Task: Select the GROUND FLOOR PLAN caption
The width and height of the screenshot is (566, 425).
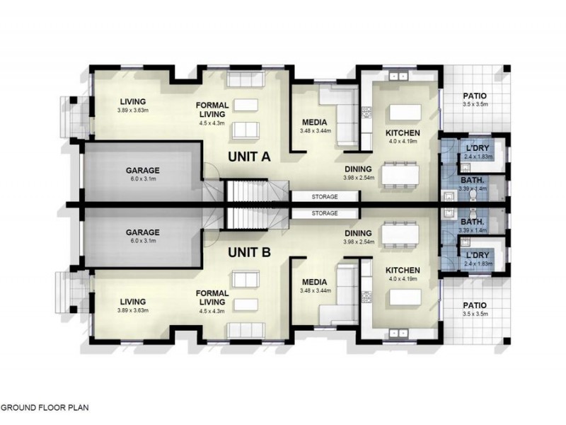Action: [44, 408]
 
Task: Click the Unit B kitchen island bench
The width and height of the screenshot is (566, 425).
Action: [403, 297]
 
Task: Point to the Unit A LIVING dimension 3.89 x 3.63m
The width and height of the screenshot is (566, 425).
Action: [132, 110]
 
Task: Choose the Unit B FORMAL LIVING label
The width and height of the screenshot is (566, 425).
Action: [213, 297]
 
